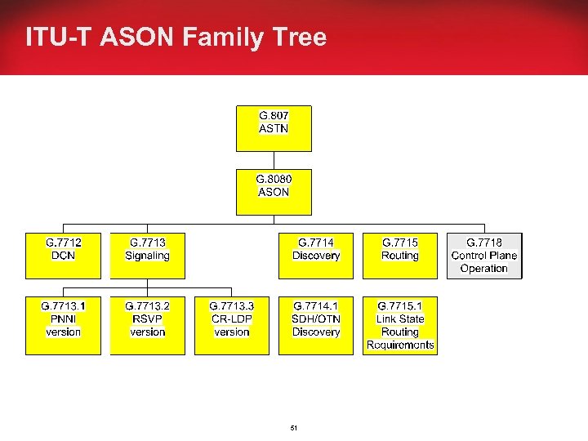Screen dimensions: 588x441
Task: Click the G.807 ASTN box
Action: (x=274, y=128)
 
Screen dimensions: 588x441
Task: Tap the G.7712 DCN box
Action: (x=64, y=256)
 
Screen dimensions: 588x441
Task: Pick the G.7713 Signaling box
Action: (x=147, y=256)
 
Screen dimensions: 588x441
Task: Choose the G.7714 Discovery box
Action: (x=316, y=256)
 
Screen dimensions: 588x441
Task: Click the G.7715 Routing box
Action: (x=400, y=256)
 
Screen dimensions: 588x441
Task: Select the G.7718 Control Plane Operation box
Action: (x=484, y=256)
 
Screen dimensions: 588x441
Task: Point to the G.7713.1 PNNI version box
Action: (x=64, y=325)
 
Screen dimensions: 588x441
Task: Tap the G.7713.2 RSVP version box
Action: (x=147, y=325)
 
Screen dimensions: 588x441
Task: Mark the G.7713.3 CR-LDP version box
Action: (x=232, y=325)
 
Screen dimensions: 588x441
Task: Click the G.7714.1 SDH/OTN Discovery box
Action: (x=316, y=325)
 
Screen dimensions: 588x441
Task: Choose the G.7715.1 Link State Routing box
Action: (x=400, y=325)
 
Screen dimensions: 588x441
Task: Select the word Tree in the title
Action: (x=302, y=38)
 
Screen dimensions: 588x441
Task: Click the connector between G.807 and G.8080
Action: (x=274, y=160)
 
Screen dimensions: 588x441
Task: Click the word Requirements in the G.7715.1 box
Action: (x=400, y=345)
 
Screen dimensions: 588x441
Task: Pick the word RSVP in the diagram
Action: (x=147, y=319)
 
